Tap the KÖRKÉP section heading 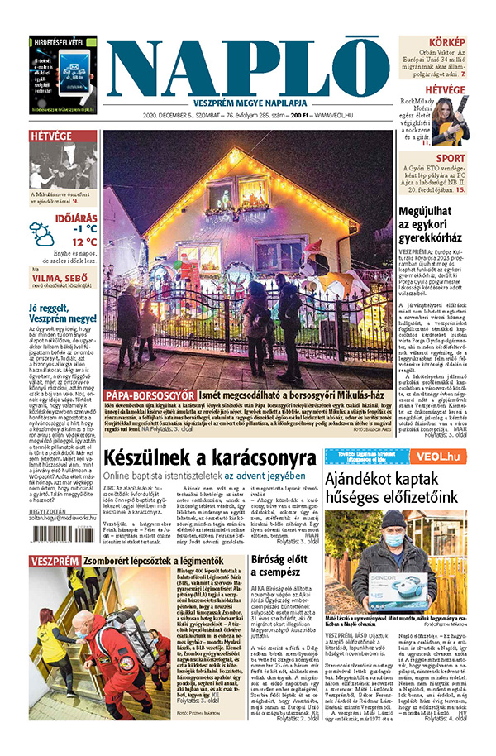pyautogui.click(x=445, y=42)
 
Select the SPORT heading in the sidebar pyautogui.click(x=451, y=158)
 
